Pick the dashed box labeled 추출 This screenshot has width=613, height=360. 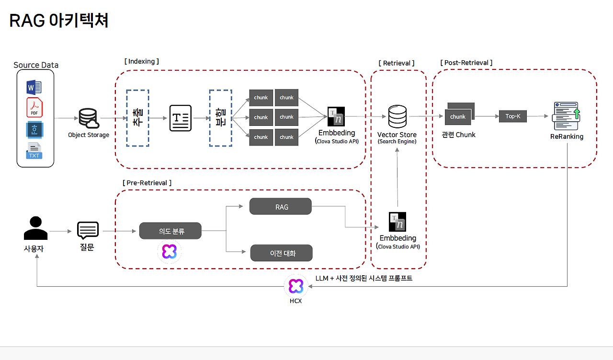[137, 118]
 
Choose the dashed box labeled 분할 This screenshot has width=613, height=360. [220, 118]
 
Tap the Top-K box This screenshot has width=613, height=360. [512, 116]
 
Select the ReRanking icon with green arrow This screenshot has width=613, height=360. [567, 116]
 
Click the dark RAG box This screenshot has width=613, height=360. [281, 207]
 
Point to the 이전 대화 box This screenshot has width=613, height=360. [281, 253]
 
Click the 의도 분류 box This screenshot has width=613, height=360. [170, 231]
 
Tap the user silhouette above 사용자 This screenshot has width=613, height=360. [36, 228]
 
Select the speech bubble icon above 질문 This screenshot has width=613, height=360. [88, 231]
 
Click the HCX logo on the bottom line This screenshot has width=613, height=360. [295, 286]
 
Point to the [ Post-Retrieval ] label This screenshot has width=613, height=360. [466, 63]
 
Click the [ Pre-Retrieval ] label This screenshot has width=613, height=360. [147, 183]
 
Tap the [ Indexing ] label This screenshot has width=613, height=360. [141, 61]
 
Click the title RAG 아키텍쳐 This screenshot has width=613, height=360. [59, 21]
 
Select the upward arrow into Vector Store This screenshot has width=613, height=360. [397, 177]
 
